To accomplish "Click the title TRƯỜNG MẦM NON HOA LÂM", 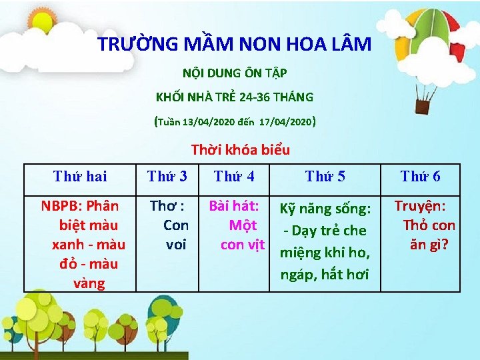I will point(235,45).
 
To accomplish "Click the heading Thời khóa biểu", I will point(240,149).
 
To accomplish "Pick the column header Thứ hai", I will point(80,176).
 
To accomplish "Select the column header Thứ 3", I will point(167,176).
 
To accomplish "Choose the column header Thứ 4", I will point(234,176).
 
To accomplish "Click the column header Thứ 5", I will point(325,176).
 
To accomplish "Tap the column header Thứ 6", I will point(420,176).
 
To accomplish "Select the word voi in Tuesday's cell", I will point(176,244).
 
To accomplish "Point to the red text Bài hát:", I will point(239,206).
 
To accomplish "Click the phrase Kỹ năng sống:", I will point(325,209).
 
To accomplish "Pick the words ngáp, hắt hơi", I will point(325,274).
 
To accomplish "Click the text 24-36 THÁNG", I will point(280,97).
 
